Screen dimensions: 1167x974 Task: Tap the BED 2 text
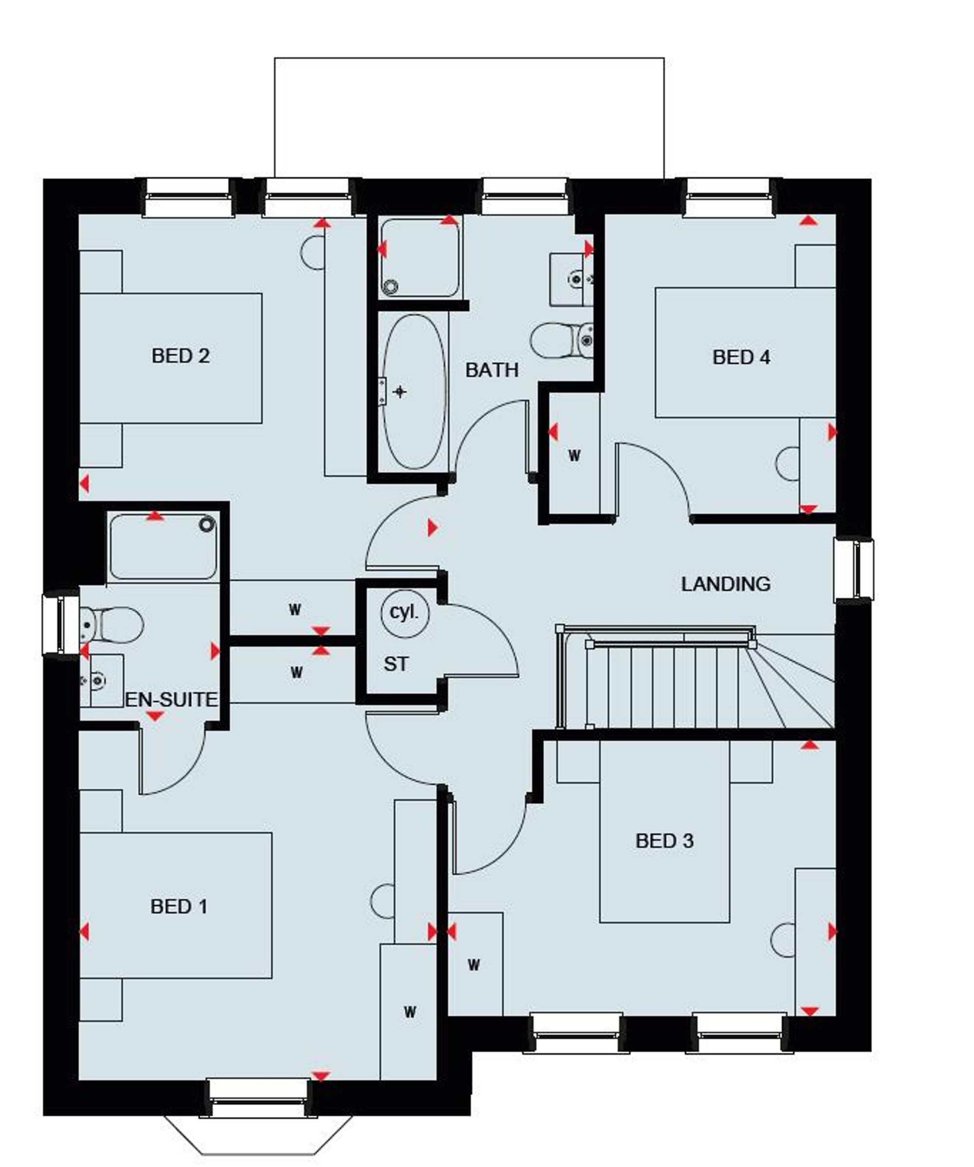coord(181,356)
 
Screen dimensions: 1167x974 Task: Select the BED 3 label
coord(664,841)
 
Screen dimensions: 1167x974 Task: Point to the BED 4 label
coord(741,357)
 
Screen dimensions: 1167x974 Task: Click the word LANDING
coord(725,584)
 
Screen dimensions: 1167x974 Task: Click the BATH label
coord(491,369)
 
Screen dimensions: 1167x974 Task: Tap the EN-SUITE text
coord(171,700)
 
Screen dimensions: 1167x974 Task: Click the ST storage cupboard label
coord(395,664)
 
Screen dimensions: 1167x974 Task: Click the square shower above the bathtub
coord(420,257)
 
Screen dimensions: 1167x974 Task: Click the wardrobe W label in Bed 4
coord(574,456)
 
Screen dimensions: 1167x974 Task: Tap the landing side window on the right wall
coord(854,569)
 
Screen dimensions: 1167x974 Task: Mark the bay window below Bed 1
coord(258,1134)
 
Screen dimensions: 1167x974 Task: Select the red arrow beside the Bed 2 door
coord(432,528)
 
